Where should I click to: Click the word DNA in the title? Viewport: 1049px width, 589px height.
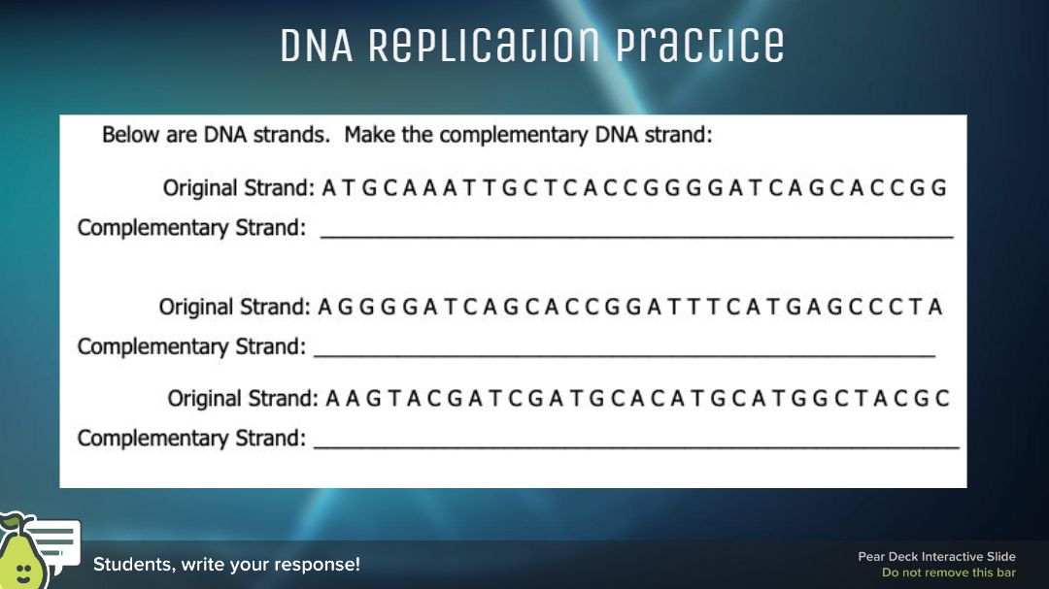317,46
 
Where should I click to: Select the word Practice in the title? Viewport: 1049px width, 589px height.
699,47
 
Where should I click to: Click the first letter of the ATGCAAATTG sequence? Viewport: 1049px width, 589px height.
328,188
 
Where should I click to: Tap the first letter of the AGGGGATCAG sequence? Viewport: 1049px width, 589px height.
324,307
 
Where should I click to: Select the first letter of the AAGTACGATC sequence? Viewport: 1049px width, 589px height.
332,399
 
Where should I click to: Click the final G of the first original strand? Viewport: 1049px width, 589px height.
938,188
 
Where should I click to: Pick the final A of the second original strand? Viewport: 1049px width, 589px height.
935,307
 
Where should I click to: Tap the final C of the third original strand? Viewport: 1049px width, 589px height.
942,399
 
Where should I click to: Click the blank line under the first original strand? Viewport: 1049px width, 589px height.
637,237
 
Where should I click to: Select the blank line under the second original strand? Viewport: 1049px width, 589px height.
625,356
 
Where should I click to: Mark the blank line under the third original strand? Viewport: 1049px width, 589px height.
636,446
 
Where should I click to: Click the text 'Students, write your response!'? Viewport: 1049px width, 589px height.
226,565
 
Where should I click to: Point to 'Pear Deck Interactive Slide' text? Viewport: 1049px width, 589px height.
936,556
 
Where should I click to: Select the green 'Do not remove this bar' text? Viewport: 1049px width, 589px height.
949,573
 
